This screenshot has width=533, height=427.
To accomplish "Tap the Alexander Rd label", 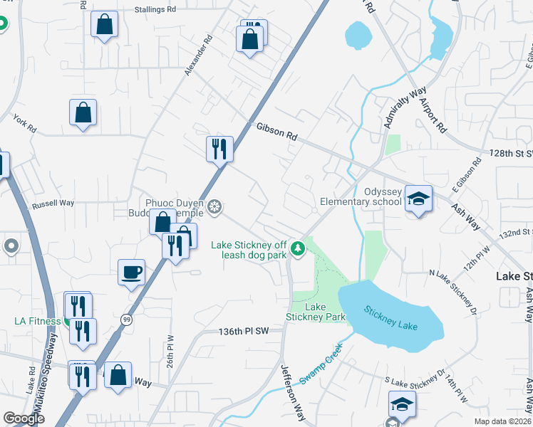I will pos(199,56).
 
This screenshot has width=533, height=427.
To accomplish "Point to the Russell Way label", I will pos(53,204).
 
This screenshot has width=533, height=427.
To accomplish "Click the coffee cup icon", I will pos(132,271).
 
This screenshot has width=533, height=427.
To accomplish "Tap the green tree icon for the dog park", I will pos(300,248).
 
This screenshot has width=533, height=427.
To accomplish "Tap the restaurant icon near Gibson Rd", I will pos(219,148).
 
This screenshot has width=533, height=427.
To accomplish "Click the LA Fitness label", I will pos(37,321).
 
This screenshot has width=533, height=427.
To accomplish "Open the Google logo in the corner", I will pos(24,418).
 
